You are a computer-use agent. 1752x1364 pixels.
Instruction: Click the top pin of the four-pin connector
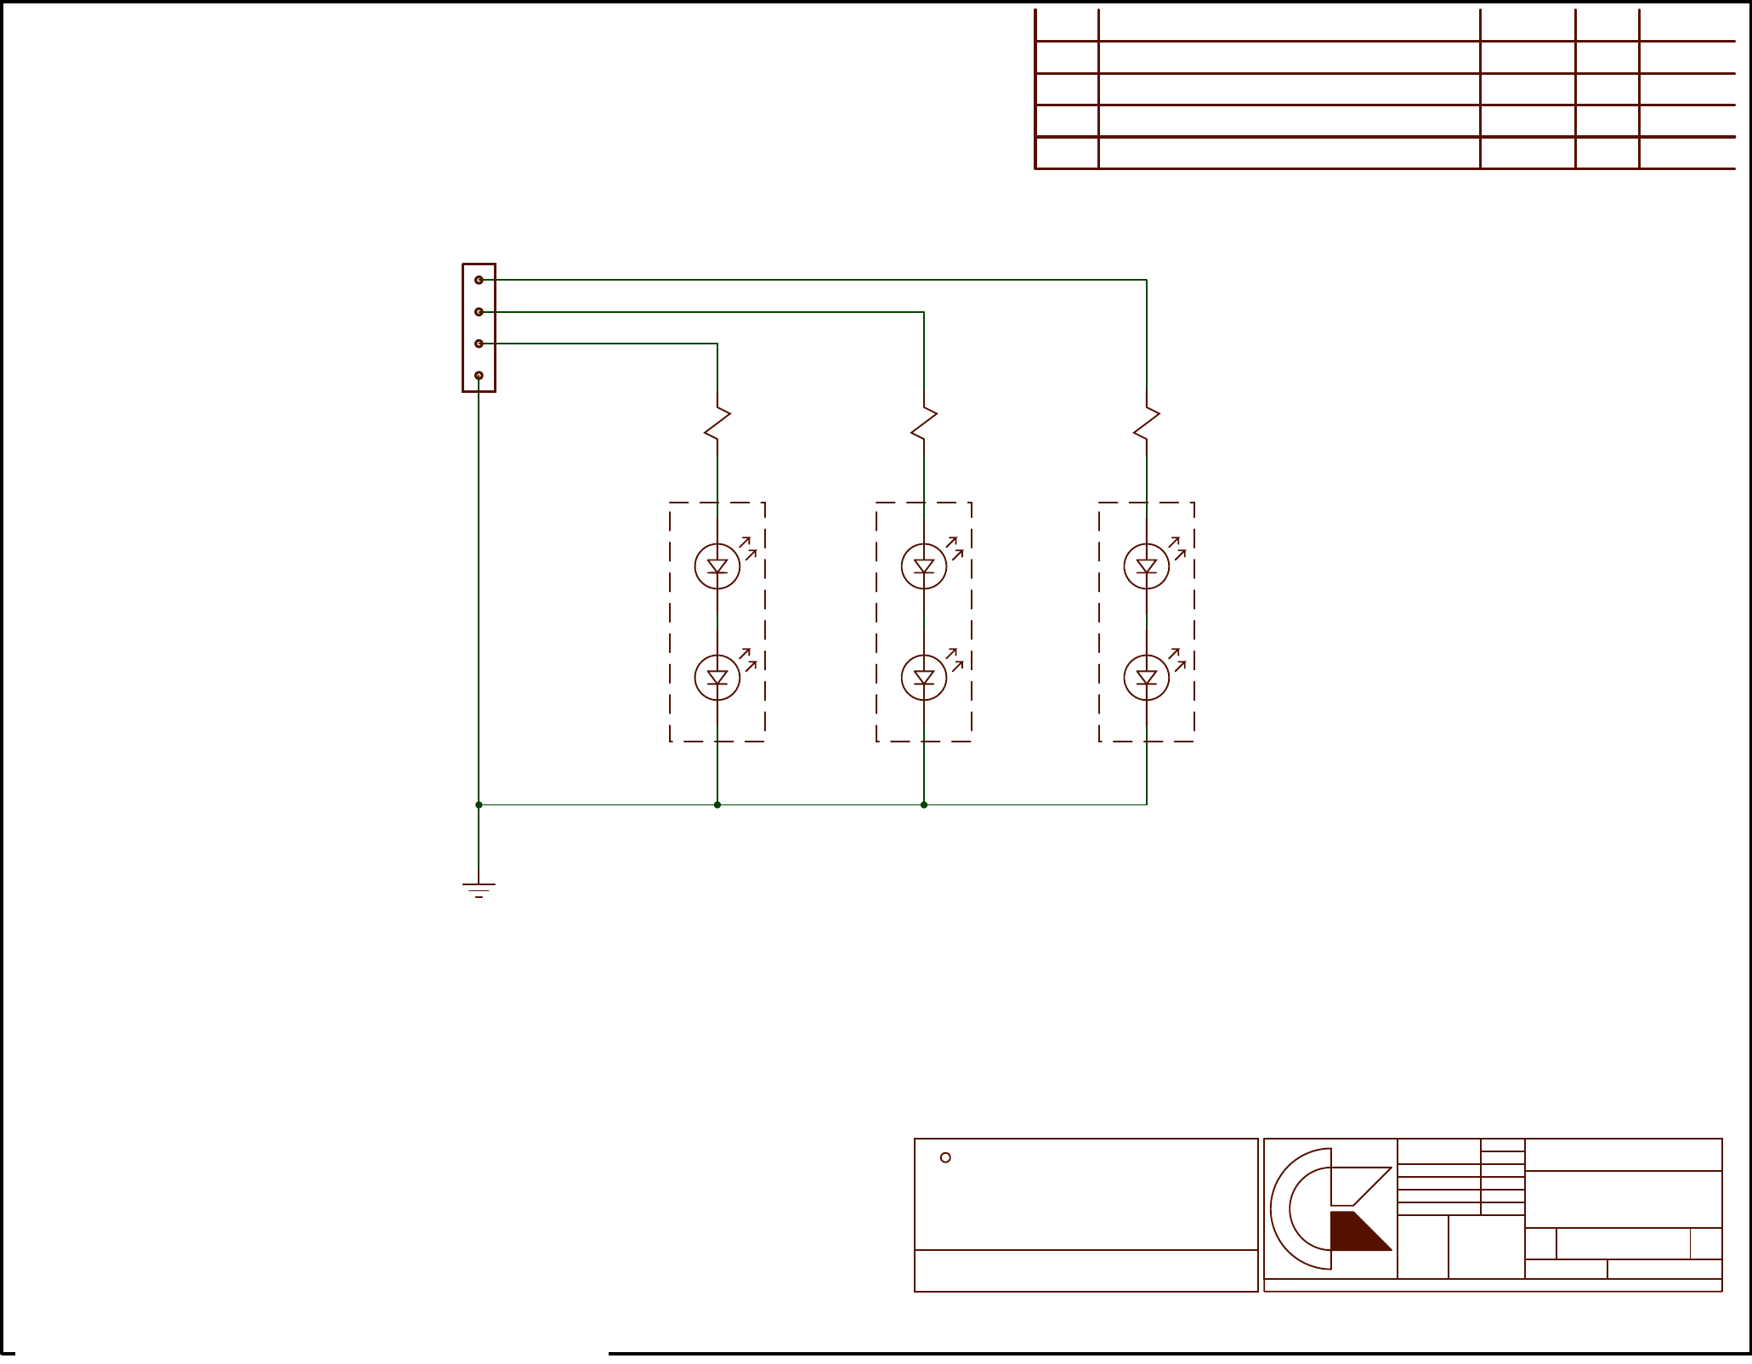pos(479,280)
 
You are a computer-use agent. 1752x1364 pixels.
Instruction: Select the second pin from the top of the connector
pos(479,312)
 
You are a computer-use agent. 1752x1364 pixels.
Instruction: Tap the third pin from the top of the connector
pos(479,344)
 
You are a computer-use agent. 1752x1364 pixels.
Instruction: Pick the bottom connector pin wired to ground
pos(479,375)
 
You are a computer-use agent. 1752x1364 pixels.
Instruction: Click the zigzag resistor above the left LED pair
pos(717,423)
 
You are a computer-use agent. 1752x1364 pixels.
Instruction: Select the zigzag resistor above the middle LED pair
pos(924,423)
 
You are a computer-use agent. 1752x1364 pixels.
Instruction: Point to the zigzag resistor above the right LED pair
pos(1147,423)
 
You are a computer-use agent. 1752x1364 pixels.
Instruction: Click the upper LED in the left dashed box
pos(717,565)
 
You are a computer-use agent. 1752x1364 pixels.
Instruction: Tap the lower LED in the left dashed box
pos(717,677)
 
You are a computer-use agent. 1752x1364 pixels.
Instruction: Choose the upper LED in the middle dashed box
pos(924,565)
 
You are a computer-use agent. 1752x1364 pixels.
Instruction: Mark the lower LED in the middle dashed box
pos(924,677)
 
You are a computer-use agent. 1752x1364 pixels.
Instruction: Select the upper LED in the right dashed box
pos(1147,565)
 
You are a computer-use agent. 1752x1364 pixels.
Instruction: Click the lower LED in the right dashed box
pos(1147,677)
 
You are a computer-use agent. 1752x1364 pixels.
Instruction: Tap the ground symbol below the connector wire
pos(479,889)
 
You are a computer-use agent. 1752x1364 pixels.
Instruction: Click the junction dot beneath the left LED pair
pos(717,804)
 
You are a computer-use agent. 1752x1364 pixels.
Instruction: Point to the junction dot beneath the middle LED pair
pos(924,804)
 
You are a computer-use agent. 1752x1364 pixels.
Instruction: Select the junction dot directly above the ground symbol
pos(479,804)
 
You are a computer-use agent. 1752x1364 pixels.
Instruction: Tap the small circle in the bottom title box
pos(945,1157)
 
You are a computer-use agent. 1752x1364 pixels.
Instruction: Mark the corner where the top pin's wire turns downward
pos(1147,280)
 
